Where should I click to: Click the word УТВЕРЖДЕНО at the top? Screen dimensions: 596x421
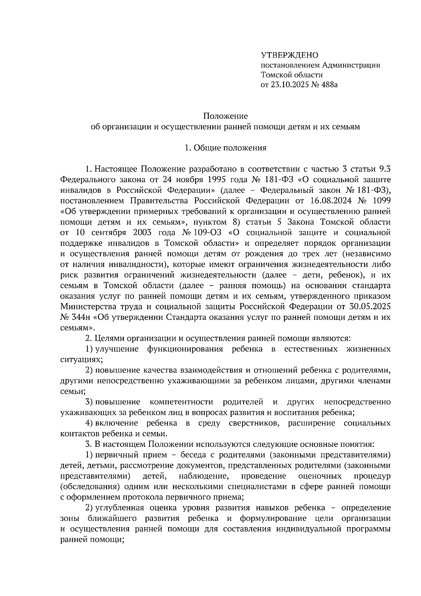click(x=289, y=55)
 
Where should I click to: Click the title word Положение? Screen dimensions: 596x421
click(x=226, y=116)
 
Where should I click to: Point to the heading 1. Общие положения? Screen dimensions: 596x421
click(x=226, y=148)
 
